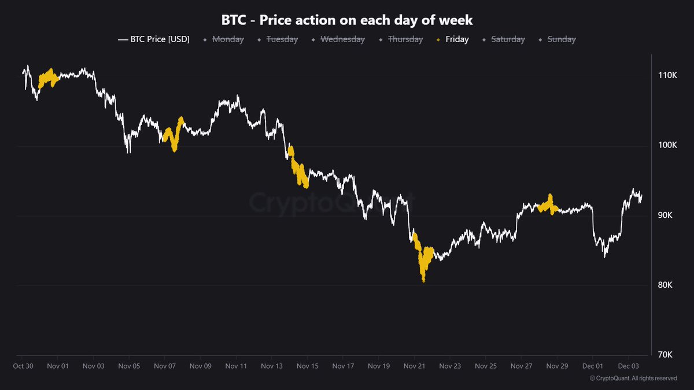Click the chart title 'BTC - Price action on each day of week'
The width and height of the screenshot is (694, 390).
tap(347, 20)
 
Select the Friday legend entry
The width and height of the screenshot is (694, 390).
tap(457, 40)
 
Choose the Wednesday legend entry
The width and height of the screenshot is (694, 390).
tap(342, 40)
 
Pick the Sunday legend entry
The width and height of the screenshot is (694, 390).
tap(561, 40)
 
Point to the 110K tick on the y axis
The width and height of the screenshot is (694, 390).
tap(668, 76)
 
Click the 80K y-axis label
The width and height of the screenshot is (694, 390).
tap(668, 285)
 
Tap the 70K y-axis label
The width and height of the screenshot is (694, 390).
tap(668, 355)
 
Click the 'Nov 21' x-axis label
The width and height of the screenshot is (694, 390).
tap(414, 366)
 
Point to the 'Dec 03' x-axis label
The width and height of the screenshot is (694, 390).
tap(628, 366)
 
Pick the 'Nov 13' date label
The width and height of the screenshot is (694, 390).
tap(272, 366)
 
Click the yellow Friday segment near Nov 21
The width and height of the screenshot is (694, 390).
tap(425, 260)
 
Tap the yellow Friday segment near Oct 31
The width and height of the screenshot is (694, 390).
tap(47, 78)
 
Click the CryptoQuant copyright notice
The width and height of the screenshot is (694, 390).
tap(633, 378)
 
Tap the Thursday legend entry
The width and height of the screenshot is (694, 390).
tap(405, 40)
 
